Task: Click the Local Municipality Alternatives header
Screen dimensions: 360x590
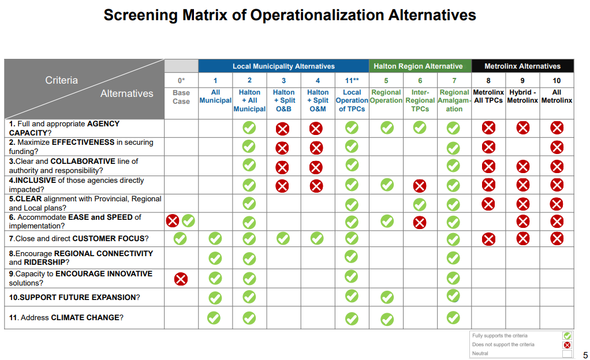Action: pos(283,66)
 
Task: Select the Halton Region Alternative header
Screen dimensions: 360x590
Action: pos(418,66)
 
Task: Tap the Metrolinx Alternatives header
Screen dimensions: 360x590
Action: pos(522,66)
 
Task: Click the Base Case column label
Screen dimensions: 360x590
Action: pos(181,97)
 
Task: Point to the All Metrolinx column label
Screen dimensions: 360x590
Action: pos(557,96)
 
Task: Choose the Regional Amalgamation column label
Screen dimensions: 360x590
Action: pos(454,100)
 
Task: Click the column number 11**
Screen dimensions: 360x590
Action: pos(352,81)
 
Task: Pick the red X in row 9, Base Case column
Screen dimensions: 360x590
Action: pos(181,279)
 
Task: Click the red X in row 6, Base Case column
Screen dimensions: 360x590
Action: pos(173,220)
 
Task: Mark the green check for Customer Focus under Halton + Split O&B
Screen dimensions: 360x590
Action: pos(283,238)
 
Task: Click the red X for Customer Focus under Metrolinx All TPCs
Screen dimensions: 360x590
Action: pos(488,239)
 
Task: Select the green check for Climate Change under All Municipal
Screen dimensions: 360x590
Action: pos(215,317)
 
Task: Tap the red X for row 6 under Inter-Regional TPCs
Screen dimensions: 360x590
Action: pos(420,222)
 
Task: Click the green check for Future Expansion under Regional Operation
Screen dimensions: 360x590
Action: pos(386,298)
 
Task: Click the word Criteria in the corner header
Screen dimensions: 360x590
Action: pos(61,80)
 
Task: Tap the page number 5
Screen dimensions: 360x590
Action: pos(585,355)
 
